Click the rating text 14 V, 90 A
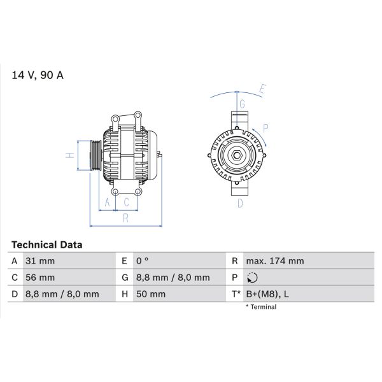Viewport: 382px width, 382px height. tap(38, 75)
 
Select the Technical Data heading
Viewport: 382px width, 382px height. tap(46, 244)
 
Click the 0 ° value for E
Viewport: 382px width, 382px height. tap(142, 261)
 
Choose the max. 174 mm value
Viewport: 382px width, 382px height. tap(276, 261)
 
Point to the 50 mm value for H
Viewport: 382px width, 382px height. tap(151, 294)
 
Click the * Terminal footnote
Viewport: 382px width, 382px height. tap(261, 307)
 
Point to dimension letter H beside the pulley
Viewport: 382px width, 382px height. tap(71, 155)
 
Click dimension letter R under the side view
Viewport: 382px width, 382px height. tap(126, 218)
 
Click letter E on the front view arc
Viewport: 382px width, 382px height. tap(262, 88)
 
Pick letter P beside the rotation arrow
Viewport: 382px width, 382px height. tap(266, 128)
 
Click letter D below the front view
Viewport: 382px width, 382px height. tap(240, 203)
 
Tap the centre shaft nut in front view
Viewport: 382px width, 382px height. tap(236, 155)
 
